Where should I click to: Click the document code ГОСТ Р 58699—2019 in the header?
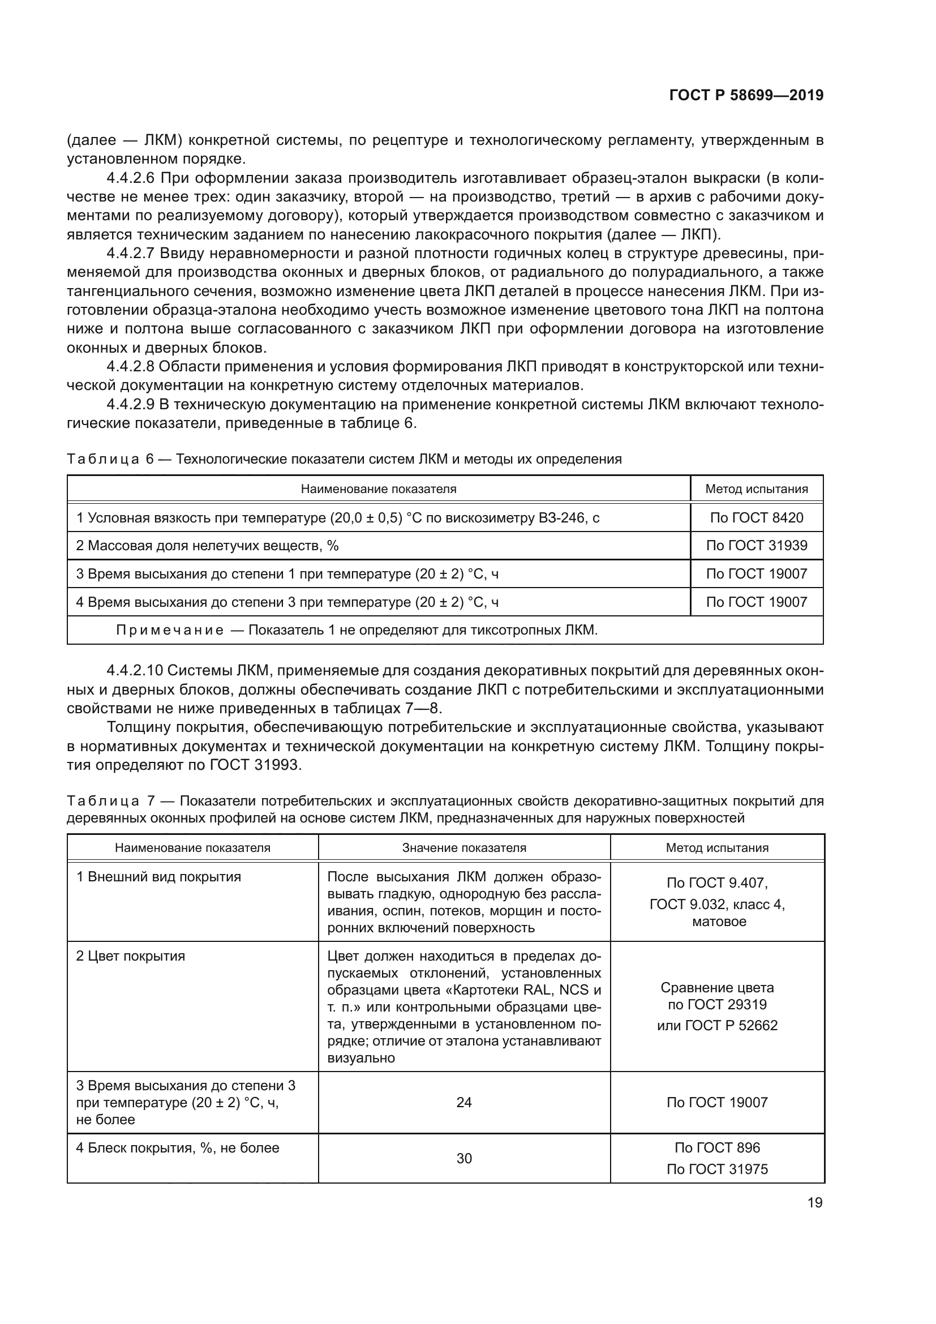746,96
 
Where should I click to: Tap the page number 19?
814,1202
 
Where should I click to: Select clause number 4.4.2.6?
130,178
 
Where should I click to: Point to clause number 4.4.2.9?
130,404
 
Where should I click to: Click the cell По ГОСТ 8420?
756,517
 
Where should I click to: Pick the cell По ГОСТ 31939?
756,546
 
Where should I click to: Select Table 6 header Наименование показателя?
378,489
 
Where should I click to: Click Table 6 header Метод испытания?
756,489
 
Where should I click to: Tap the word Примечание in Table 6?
170,629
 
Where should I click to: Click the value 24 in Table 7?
464,1102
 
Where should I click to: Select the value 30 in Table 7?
464,1158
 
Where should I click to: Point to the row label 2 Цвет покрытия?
131,955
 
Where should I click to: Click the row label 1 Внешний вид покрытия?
158,876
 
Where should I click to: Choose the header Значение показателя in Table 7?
464,848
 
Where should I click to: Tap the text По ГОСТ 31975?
717,1169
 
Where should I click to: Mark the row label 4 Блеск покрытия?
178,1147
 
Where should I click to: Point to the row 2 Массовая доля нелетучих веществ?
208,546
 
